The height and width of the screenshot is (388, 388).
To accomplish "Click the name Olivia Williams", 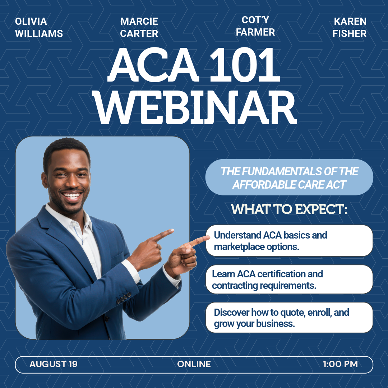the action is pyautogui.click(x=39, y=27).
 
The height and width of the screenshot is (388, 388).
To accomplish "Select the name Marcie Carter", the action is pyautogui.click(x=139, y=27).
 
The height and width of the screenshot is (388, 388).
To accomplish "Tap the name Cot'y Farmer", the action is pyautogui.click(x=255, y=26).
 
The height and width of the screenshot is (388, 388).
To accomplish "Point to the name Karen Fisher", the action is pyautogui.click(x=350, y=27).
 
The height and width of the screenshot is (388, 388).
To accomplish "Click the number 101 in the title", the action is pyautogui.click(x=245, y=64).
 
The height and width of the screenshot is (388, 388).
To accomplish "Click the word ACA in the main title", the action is pyautogui.click(x=153, y=64).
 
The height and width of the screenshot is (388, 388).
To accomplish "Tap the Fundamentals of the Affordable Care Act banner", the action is pyautogui.click(x=289, y=177).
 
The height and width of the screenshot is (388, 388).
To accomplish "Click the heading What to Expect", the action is pyautogui.click(x=289, y=209).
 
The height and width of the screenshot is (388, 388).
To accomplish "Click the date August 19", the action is pyautogui.click(x=54, y=364).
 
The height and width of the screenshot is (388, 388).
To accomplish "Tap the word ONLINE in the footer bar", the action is pyautogui.click(x=194, y=364).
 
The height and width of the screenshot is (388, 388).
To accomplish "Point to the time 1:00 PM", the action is pyautogui.click(x=341, y=364).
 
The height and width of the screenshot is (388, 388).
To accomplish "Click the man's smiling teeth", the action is pyautogui.click(x=72, y=195).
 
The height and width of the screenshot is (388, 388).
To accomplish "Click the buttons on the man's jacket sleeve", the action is pyautogui.click(x=124, y=297).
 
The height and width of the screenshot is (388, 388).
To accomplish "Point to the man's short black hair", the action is pyautogui.click(x=66, y=151).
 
